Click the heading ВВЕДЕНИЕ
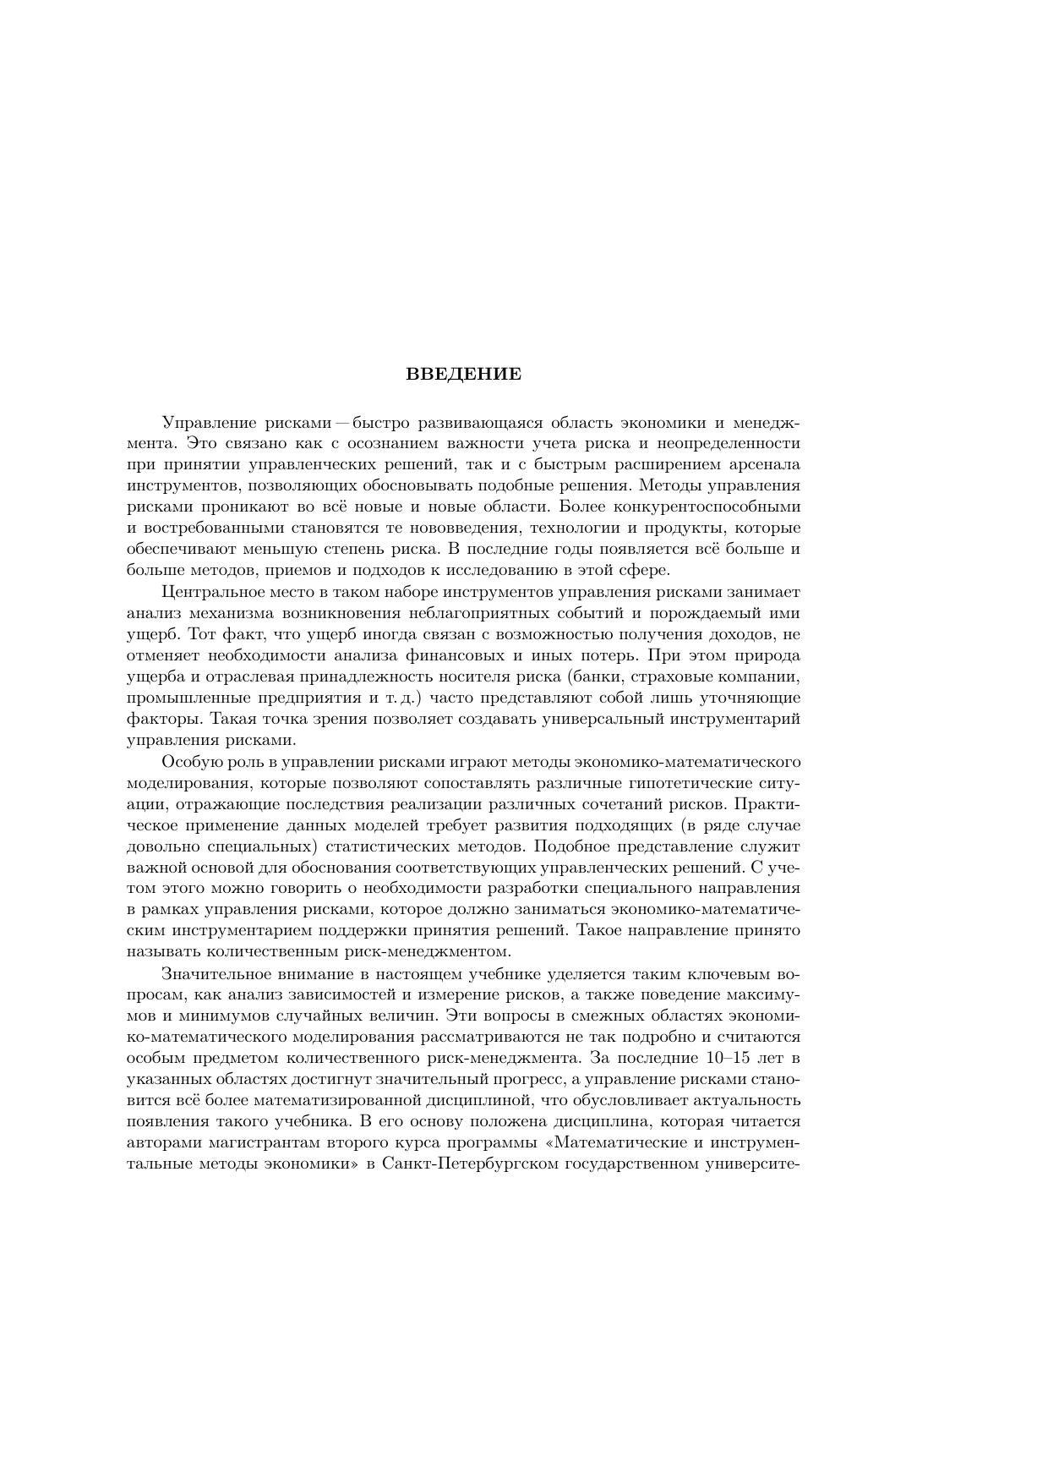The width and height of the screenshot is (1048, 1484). coord(463,374)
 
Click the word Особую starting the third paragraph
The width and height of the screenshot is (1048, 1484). coord(188,761)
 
